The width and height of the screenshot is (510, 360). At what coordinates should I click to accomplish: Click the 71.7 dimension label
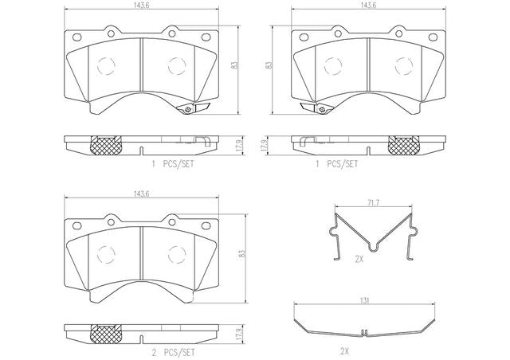pos(374,203)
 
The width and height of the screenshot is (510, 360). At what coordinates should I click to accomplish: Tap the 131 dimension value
pos(365,301)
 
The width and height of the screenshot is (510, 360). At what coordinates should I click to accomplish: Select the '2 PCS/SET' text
pos(173,352)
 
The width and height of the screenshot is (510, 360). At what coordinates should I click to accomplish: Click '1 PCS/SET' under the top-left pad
pos(173,164)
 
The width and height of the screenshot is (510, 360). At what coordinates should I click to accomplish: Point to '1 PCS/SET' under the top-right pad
pos(337,164)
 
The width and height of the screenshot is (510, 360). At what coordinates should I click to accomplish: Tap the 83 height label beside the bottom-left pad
pos(241,254)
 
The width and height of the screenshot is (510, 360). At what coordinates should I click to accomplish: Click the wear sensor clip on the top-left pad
pos(193,108)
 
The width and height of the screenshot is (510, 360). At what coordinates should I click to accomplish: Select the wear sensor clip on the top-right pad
pos(316,108)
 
